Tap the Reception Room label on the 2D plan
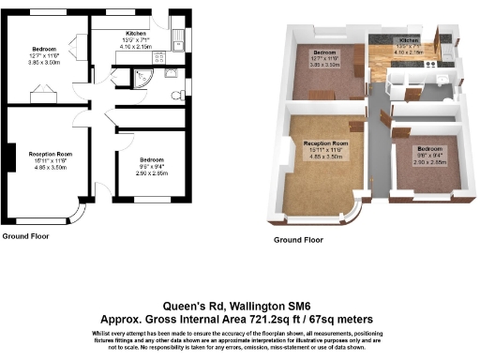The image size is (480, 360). [x=50, y=153]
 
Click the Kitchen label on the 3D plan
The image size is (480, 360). [x=410, y=41]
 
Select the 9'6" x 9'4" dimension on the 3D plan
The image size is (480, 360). [x=430, y=156]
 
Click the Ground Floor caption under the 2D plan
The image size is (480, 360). [x=26, y=235]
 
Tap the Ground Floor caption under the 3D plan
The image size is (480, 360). [x=298, y=240]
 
